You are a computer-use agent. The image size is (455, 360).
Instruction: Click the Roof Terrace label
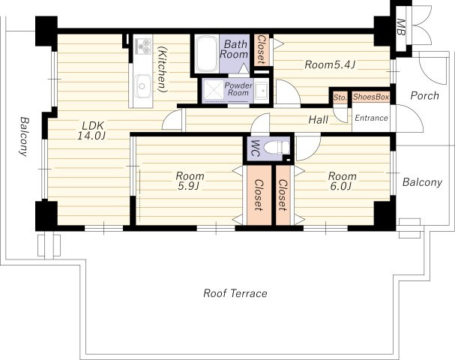[x=235, y=293]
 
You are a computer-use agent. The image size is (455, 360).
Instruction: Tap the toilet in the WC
[x=277, y=148]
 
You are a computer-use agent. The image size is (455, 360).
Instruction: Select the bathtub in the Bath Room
[x=206, y=54]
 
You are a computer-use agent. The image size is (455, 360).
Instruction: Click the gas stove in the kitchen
[x=142, y=45]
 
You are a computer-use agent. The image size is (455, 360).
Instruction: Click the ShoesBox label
[x=371, y=97]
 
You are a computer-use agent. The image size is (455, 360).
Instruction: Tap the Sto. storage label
[x=340, y=97]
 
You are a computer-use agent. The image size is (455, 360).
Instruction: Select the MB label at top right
[x=401, y=27]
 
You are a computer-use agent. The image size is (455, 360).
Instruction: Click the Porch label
[x=425, y=95]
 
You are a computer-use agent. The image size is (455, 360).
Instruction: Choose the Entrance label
[x=372, y=118]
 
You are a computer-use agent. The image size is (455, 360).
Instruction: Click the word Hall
[x=319, y=119]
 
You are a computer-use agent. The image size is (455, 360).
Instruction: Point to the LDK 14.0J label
[x=91, y=130]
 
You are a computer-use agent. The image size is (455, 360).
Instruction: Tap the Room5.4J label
[x=330, y=64]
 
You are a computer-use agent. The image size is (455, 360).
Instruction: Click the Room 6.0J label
[x=342, y=181]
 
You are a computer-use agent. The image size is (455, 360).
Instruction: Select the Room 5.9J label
[x=190, y=181]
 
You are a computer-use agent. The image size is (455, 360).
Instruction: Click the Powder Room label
[x=238, y=89]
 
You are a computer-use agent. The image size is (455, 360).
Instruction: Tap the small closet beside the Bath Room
[x=262, y=49]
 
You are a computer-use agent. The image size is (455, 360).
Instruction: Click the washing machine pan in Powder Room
[x=214, y=90]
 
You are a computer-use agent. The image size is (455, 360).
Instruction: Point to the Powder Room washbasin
[x=262, y=90]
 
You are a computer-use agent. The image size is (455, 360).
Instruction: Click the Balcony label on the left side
[x=24, y=136]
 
